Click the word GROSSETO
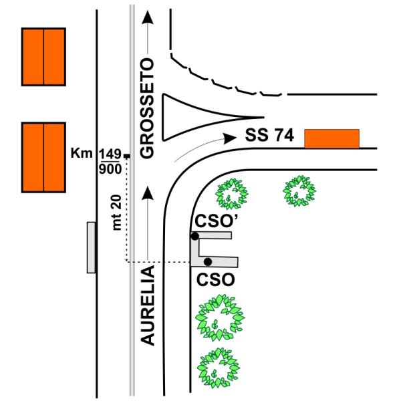click(147, 108)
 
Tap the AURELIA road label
click(148, 305)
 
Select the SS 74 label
click(269, 135)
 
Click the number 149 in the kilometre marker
click(110, 154)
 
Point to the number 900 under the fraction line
click(110, 169)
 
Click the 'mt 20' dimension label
click(117, 213)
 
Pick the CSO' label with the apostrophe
click(217, 221)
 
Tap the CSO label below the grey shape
click(216, 279)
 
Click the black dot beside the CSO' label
click(195, 237)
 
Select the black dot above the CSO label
click(208, 261)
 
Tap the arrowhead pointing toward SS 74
click(230, 138)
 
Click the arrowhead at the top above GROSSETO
click(148, 17)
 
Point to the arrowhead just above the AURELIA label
click(148, 193)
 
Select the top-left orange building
click(43, 57)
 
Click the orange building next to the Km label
click(43, 158)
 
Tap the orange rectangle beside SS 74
click(332, 138)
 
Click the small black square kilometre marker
click(127, 156)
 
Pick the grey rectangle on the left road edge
click(92, 247)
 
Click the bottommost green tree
click(218, 368)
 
